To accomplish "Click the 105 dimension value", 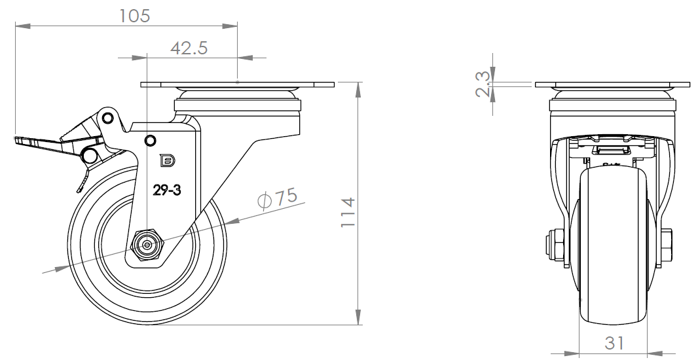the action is click(135, 16).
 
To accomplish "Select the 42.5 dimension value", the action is click(189, 48).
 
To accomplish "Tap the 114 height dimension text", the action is click(348, 212).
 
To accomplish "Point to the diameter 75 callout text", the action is click(278, 198).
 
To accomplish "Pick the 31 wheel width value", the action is click(614, 343).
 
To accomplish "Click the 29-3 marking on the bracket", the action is click(167, 191).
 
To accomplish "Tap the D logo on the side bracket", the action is click(168, 160).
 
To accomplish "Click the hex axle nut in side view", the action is click(147, 244).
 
